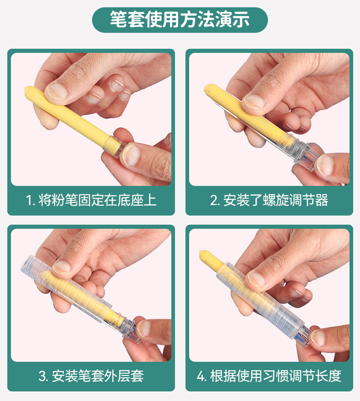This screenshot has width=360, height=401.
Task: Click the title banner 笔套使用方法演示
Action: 180,19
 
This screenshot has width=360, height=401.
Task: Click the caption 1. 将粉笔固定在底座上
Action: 91,200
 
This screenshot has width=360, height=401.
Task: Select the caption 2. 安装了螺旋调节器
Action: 269,200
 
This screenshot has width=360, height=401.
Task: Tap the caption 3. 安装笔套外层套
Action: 91,376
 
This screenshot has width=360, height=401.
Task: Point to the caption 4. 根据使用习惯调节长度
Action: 269,376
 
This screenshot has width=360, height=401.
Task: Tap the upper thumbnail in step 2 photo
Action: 254,101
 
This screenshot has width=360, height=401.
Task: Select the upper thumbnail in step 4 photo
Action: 257,278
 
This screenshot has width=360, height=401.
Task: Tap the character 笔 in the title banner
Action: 118,19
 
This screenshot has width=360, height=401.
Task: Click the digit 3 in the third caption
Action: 43,376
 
